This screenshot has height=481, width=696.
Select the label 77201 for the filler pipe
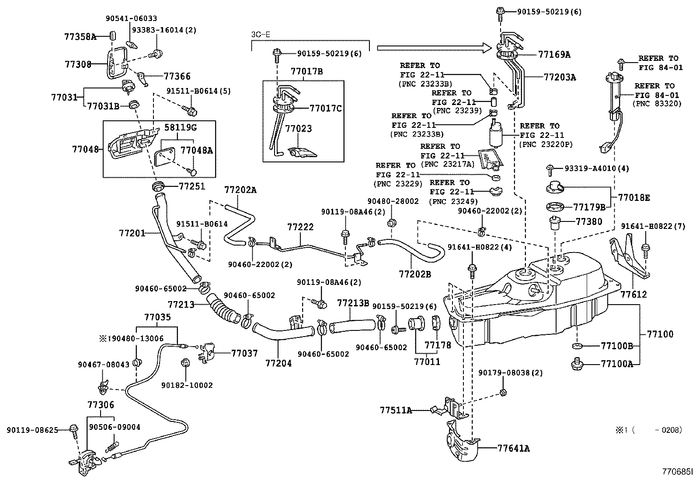(x=132, y=233)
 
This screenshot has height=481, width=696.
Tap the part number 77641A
(x=513, y=449)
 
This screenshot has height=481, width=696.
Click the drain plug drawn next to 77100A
(x=576, y=363)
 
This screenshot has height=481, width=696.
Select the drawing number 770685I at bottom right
(x=677, y=472)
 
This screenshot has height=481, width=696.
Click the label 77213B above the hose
(x=353, y=303)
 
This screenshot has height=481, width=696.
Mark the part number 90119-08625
(x=32, y=430)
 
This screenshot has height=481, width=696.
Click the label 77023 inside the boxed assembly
(x=299, y=129)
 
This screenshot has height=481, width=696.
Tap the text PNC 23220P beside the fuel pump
(x=546, y=144)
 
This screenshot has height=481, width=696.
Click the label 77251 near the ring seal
(x=192, y=186)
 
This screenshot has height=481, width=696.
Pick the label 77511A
(x=396, y=410)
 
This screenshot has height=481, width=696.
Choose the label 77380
(x=589, y=221)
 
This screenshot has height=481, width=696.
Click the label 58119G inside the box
(x=181, y=128)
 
